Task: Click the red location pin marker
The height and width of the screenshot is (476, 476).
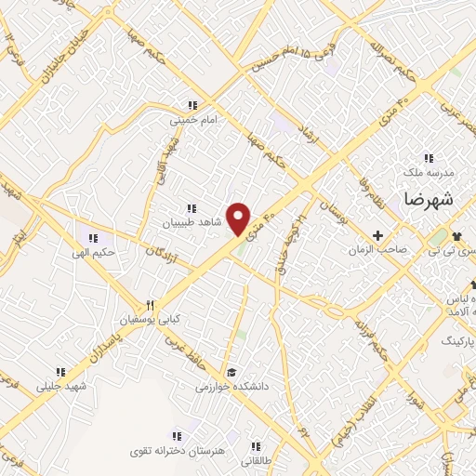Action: [240, 218]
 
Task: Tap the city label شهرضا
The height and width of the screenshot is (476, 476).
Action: [428, 198]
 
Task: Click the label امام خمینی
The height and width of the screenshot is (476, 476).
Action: [191, 120]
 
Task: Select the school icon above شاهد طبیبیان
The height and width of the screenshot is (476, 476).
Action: [192, 208]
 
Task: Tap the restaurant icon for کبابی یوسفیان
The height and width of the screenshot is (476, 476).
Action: [148, 306]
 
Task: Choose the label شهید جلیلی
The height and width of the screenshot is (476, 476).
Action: [61, 385]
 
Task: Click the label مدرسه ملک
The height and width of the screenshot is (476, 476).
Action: [429, 173]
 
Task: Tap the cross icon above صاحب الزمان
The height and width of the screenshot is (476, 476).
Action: [377, 235]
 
